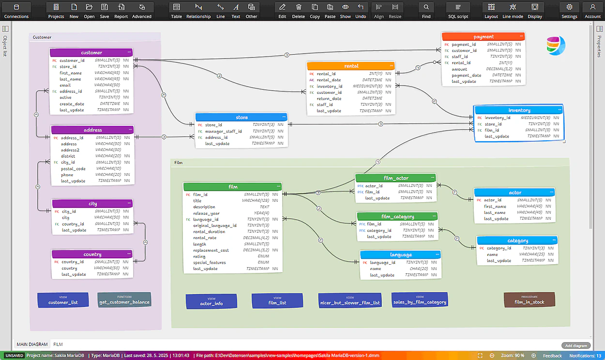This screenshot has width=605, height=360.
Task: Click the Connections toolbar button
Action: [16, 11]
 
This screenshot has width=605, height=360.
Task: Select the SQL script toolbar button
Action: [458, 11]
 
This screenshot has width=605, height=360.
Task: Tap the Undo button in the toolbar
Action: [361, 11]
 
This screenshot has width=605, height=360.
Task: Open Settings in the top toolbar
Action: [569, 11]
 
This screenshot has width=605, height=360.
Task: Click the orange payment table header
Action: [484, 36]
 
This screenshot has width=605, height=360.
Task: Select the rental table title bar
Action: [351, 66]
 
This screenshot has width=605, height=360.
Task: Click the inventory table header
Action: [519, 110]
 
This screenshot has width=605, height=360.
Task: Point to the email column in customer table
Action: [65, 85]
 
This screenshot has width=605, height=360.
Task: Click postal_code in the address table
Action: [73, 169]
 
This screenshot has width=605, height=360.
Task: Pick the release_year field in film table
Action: [206, 213]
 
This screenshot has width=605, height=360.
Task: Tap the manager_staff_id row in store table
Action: [223, 131]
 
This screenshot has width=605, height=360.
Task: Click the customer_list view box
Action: [63, 300]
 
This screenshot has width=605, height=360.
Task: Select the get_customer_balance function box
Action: [124, 300]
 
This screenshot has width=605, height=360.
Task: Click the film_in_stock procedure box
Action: [529, 300]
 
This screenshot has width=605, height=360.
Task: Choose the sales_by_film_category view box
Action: [420, 300]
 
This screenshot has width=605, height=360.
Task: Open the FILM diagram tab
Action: [58, 345]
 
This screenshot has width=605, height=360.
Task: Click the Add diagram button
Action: [576, 345]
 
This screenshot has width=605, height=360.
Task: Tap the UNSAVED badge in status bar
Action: [14, 356]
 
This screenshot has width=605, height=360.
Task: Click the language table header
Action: [401, 255]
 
